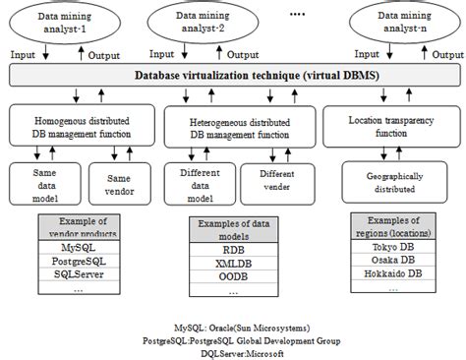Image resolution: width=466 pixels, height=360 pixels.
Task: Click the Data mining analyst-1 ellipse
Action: pyautogui.click(x=66, y=24)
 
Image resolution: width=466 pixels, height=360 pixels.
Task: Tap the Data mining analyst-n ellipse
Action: pyautogui.click(x=400, y=24)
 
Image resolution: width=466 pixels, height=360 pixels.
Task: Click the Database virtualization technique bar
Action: pyautogui.click(x=232, y=75)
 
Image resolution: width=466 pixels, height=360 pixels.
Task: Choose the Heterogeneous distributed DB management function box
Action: pyautogui.click(x=238, y=125)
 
